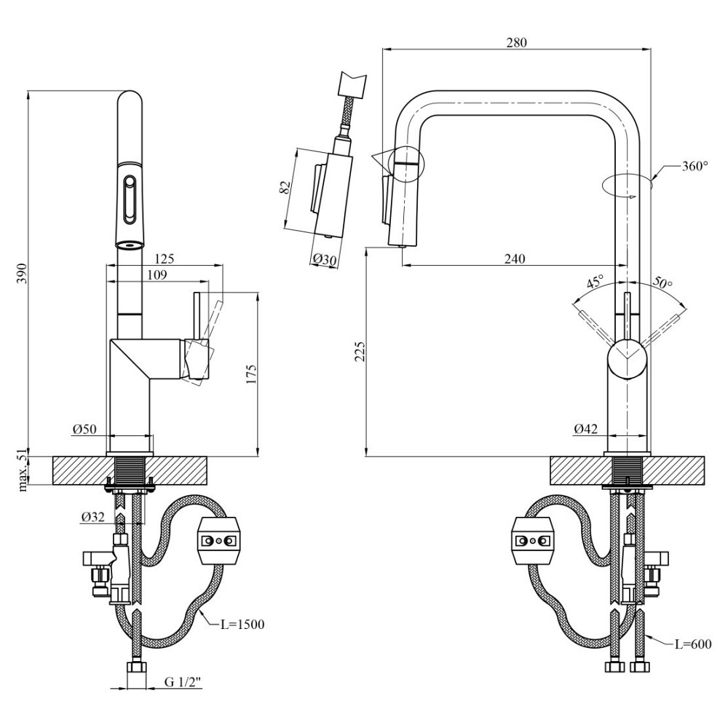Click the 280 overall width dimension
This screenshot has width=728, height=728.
(515, 41)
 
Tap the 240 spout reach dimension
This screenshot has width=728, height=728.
(515, 258)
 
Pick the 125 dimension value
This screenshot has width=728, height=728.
(165, 258)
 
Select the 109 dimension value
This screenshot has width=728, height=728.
(156, 274)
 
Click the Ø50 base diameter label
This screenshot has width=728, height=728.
(84, 430)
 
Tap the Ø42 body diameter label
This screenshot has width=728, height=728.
(585, 430)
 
